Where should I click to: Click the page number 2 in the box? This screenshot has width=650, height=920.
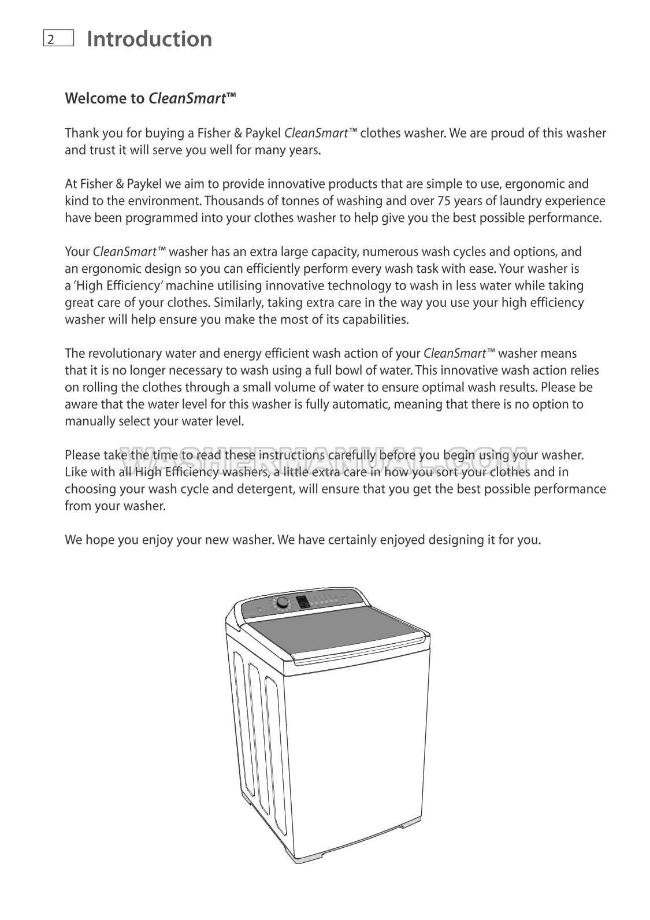(51, 39)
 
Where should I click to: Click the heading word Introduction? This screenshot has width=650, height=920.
(149, 39)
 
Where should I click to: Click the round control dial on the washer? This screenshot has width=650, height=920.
(283, 603)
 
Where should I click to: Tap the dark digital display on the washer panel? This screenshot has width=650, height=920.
(302, 604)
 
